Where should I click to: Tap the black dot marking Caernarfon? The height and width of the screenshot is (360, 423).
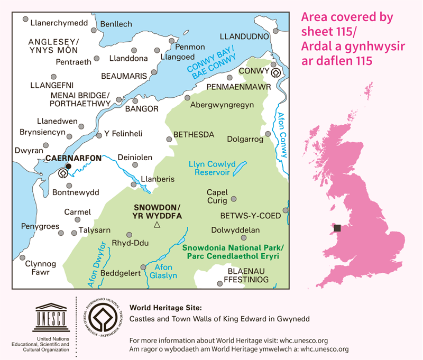[x=68, y=167]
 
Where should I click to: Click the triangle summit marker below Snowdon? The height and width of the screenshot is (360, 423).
[x=157, y=226]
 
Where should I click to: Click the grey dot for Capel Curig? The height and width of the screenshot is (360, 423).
[x=234, y=199]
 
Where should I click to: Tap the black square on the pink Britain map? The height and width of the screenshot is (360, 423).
[x=337, y=228]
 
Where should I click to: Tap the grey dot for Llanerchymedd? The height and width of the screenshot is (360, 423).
[x=25, y=20]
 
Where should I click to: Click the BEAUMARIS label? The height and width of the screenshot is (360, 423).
[x=123, y=76]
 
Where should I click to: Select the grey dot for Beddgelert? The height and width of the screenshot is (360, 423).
[x=142, y=267]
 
